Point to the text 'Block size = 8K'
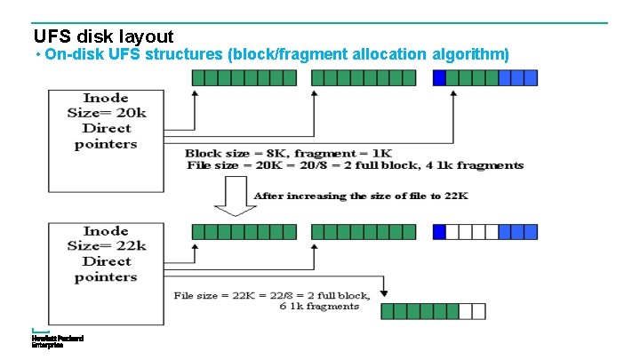(x=233, y=153)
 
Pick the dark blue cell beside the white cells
(x=439, y=232)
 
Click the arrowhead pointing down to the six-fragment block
(x=384, y=292)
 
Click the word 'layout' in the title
(x=145, y=36)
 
